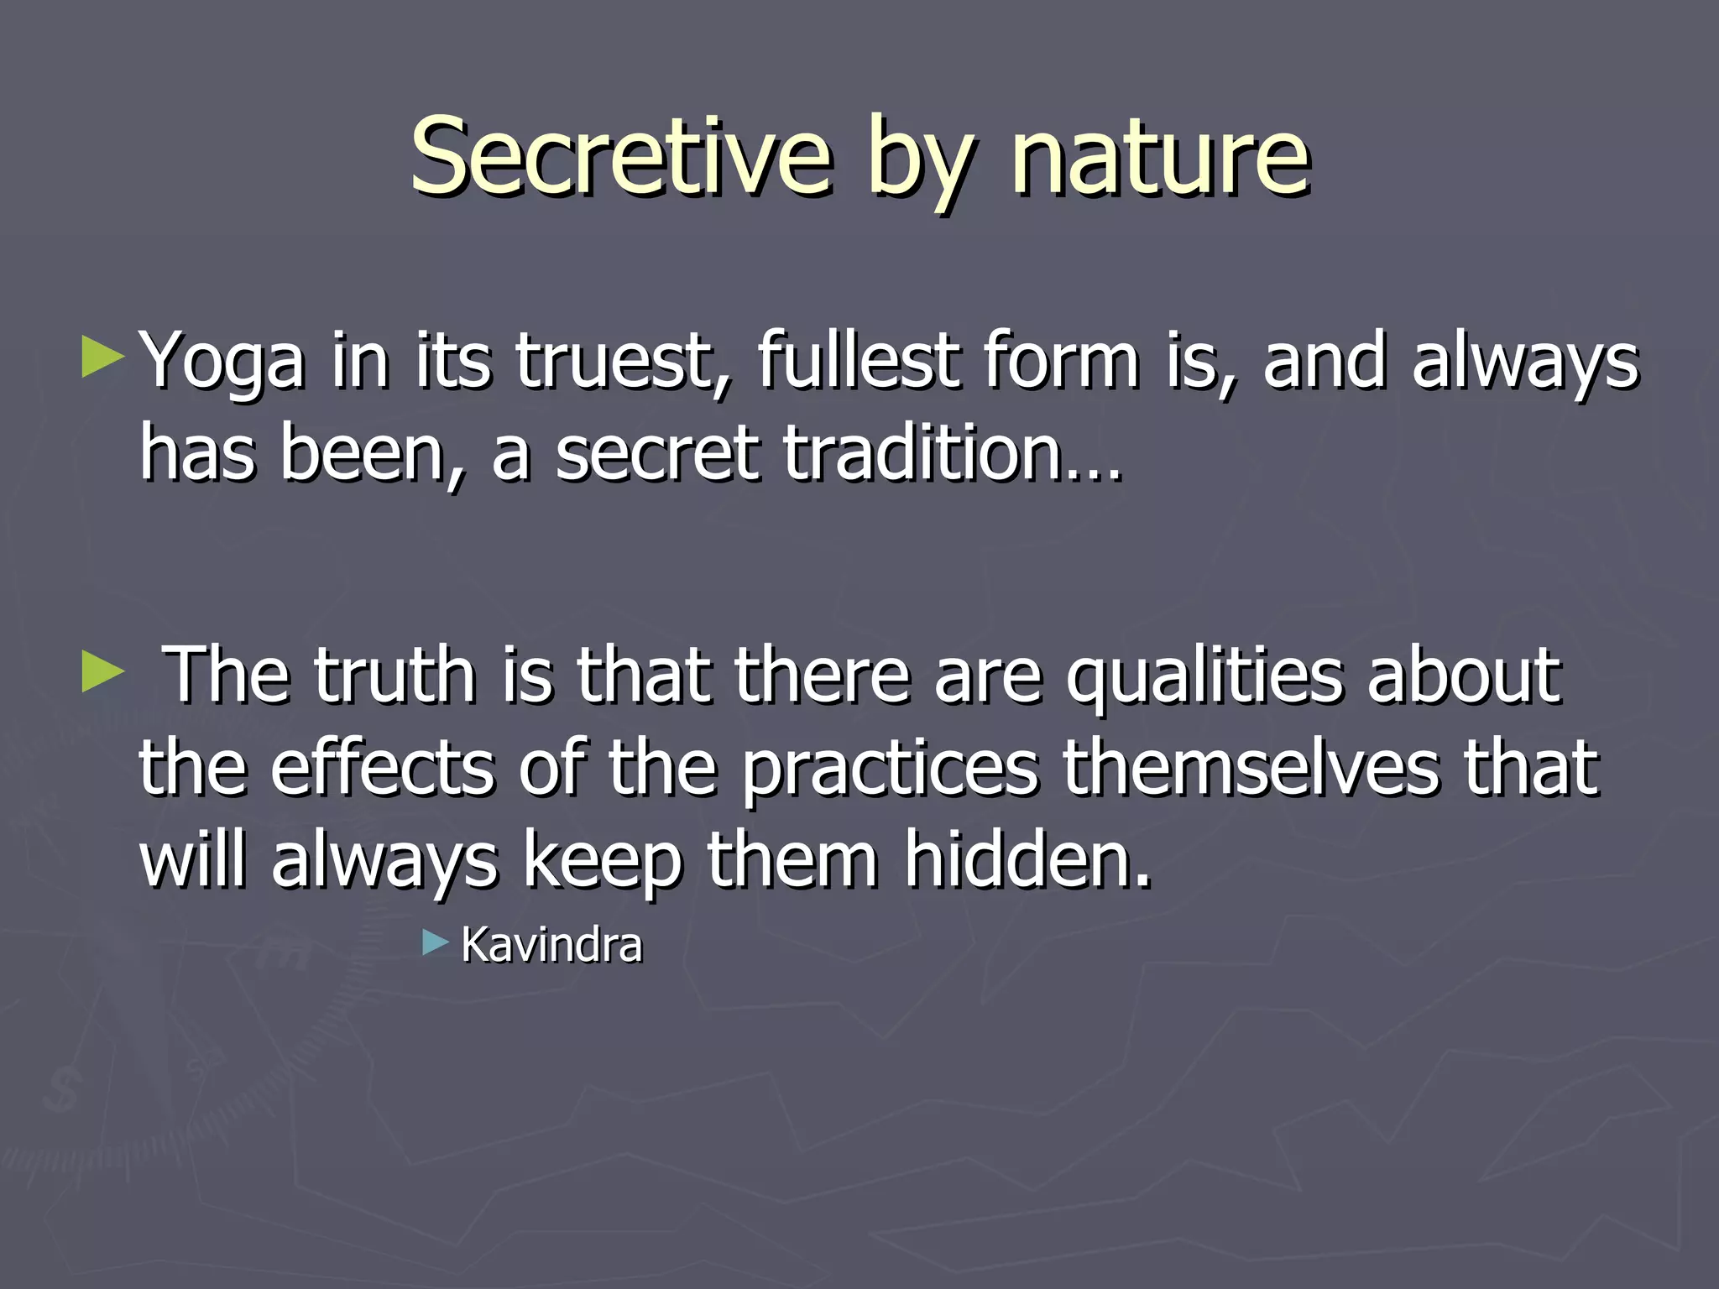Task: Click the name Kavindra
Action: [551, 945]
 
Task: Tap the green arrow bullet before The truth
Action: [102, 672]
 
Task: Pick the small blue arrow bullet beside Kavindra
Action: [436, 942]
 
